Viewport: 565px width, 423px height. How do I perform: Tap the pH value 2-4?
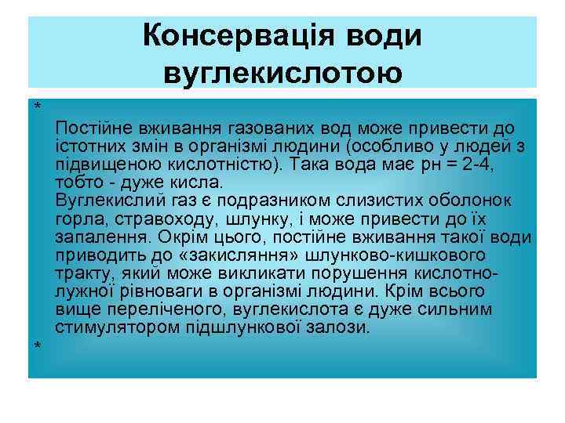(490, 164)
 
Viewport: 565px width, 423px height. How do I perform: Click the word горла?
(75, 219)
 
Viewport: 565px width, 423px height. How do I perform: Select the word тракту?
(82, 273)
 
